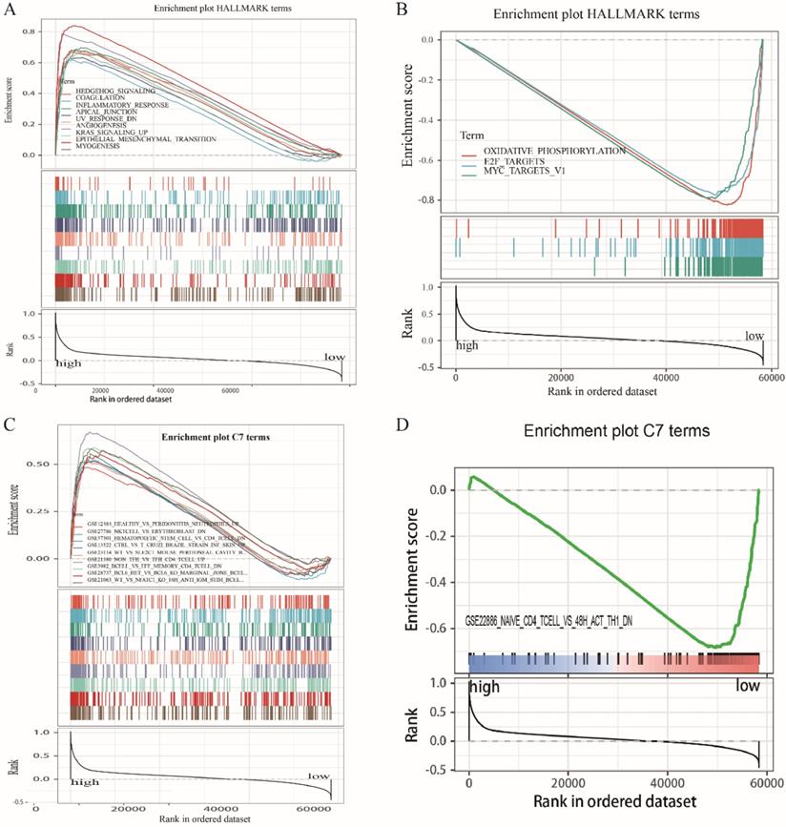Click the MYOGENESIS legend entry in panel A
(x=95, y=147)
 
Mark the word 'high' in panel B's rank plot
(x=466, y=344)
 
